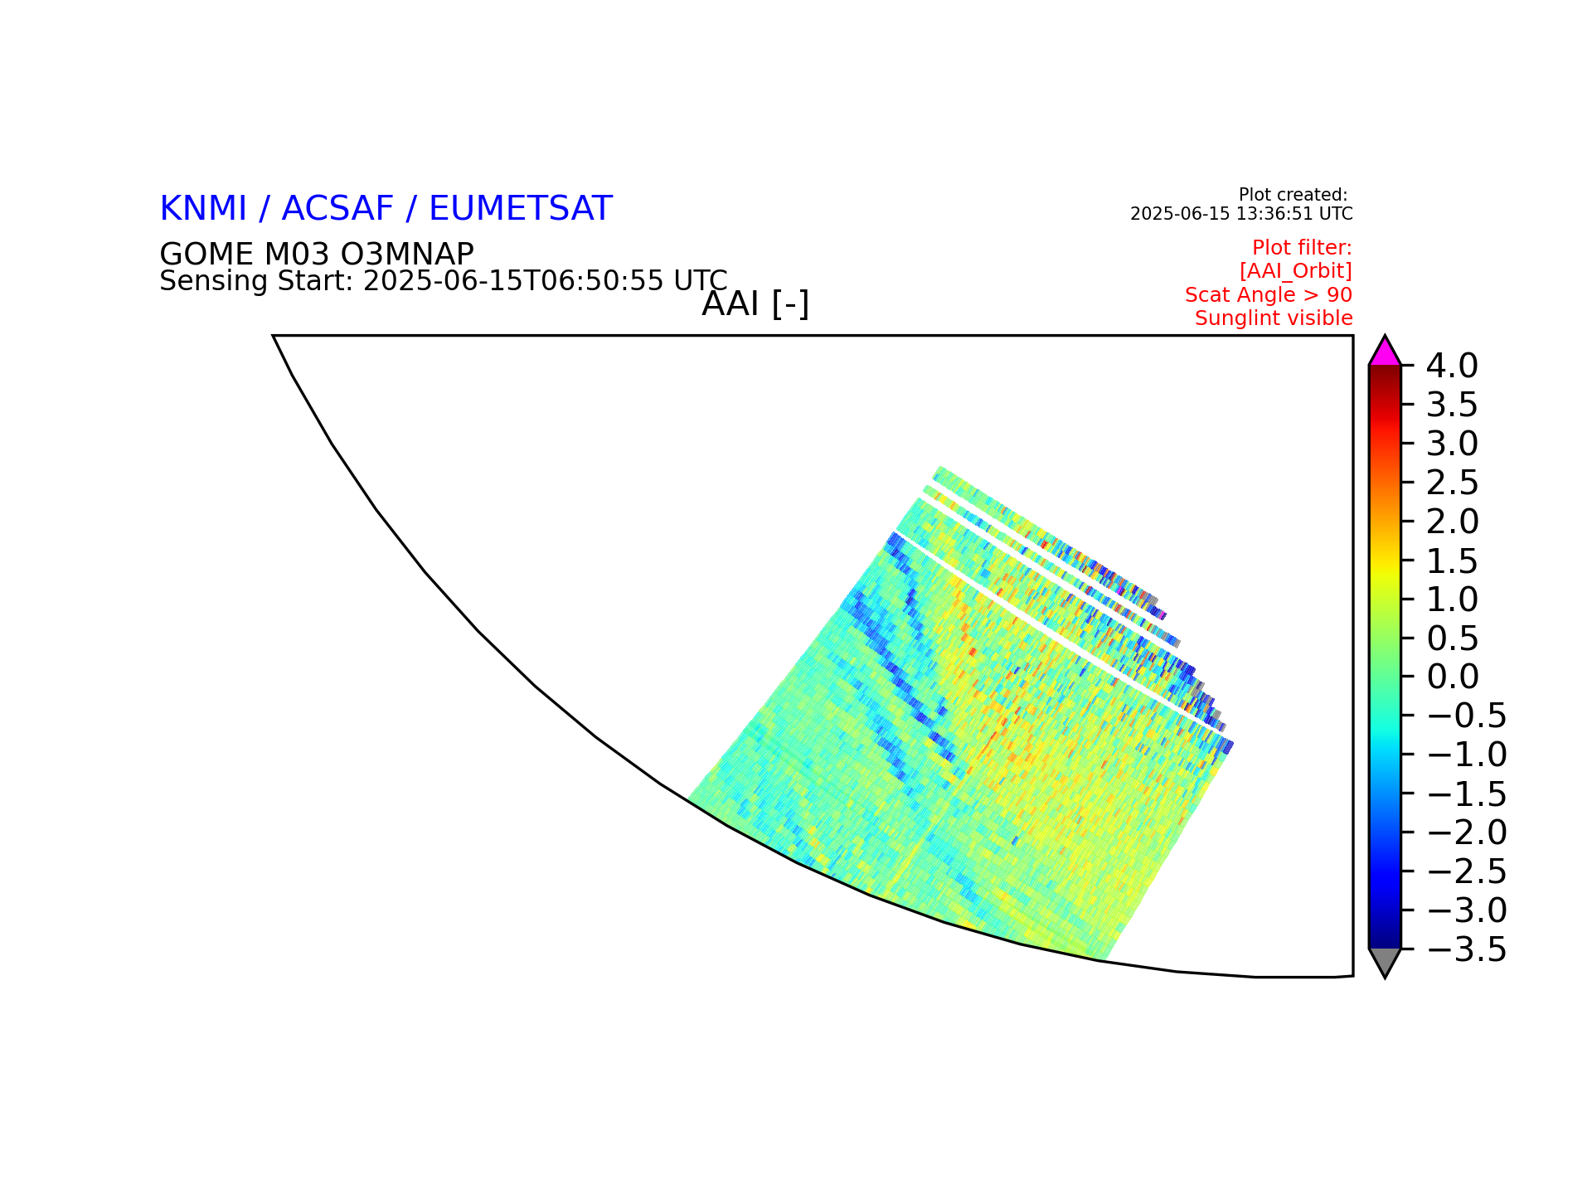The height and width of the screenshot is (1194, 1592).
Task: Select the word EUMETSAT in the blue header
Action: (x=521, y=209)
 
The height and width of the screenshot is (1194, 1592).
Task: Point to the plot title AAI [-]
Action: (x=755, y=304)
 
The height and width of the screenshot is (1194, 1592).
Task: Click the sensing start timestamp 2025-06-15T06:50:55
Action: (x=514, y=281)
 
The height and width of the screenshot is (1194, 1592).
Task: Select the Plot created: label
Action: (x=1293, y=196)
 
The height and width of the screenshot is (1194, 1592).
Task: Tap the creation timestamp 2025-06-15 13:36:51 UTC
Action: (x=1241, y=214)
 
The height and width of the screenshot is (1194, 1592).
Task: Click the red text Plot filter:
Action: (x=1302, y=248)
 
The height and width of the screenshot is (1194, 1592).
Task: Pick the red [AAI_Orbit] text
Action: (x=1296, y=271)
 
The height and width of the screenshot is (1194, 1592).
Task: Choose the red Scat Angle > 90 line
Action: (x=1269, y=295)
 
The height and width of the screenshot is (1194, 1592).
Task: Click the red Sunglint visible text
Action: (x=1274, y=318)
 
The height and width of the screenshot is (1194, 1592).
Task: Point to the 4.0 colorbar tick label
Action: (x=1452, y=366)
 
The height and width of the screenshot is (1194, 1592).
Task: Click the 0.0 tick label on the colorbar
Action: (x=1452, y=677)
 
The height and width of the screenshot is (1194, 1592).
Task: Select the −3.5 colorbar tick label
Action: (x=1467, y=949)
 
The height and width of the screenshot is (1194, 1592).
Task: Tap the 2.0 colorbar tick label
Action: (x=1452, y=522)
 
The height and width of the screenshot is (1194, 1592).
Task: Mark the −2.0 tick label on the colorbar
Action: (x=1467, y=832)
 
